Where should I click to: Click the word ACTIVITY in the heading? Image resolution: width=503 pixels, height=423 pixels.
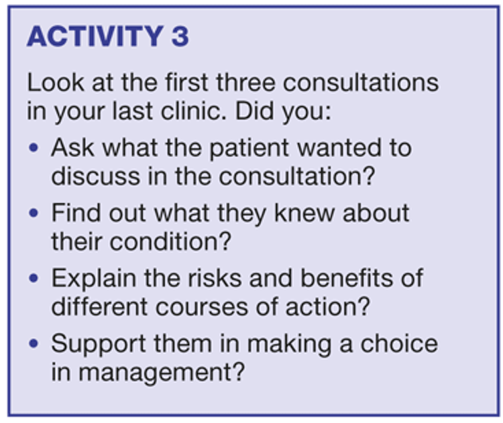coord(95,36)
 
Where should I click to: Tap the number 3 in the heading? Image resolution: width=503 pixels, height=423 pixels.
coord(180,36)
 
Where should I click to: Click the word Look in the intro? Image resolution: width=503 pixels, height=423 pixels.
coord(55,82)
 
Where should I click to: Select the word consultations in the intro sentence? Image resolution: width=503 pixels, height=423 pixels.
coord(361,82)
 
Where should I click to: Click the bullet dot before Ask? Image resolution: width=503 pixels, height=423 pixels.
coord(34,148)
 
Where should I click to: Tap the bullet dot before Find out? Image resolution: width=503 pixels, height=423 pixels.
coord(34,213)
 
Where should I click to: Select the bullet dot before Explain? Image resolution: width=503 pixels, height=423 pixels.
coord(34,278)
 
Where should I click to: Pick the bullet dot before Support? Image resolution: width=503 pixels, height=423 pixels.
coord(34,343)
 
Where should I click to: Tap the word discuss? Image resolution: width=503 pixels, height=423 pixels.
coord(96,176)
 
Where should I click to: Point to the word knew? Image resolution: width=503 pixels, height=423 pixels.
coord(304,213)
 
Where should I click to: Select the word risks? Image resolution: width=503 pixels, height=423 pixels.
coord(215,278)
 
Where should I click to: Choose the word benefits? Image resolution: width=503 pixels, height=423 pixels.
coord(347,278)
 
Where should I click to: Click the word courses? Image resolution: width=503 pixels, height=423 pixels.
coord(201,307)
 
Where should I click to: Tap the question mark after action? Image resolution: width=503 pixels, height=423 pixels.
coord(364,306)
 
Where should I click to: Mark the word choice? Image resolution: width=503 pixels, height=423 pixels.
coord(399,343)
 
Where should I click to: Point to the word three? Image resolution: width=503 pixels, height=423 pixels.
coord(245,82)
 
